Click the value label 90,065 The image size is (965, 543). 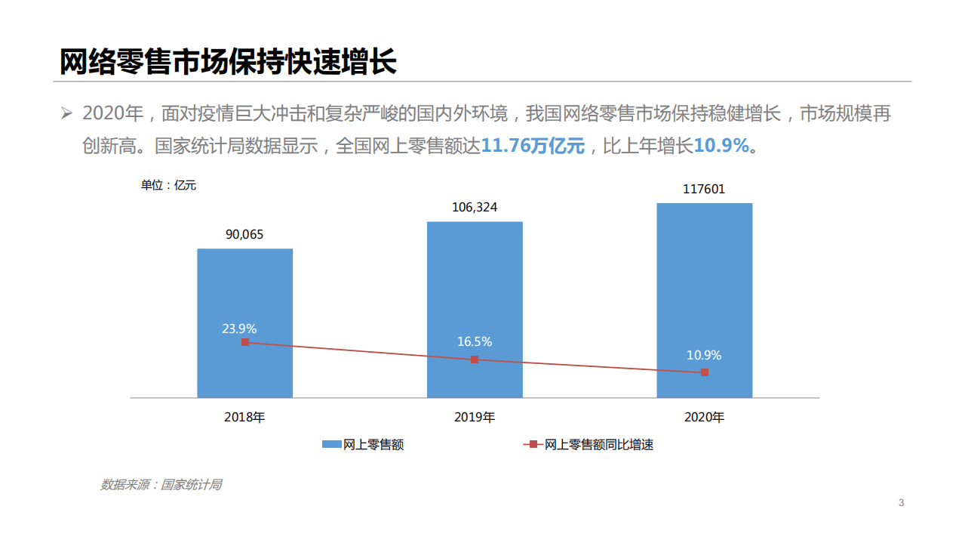244,234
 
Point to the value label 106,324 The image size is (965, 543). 475,207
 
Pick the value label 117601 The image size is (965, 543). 704,189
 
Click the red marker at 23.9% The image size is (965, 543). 244,342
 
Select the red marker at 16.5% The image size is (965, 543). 475,359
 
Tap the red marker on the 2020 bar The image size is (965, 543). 705,372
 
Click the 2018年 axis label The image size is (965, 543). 244,417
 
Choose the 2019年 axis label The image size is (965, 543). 475,417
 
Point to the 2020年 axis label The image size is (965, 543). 704,417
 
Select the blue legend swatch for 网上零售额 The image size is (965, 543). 331,445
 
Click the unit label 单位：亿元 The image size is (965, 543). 168,185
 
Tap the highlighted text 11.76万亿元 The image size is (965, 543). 533,146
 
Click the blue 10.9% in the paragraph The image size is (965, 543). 721,146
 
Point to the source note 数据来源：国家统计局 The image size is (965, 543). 161,485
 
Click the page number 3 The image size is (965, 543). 901,503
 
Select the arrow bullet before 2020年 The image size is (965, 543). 67,114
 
